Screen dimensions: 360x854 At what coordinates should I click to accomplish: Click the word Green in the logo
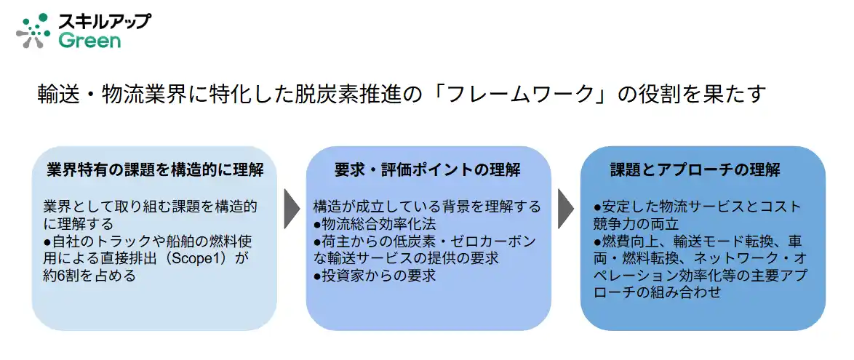pos(89,41)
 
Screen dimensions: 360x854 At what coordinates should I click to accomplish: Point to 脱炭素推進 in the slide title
pos(349,95)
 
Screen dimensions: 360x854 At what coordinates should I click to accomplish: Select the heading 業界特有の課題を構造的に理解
pos(154,170)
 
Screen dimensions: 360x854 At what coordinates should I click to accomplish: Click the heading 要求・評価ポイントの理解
pos(428,170)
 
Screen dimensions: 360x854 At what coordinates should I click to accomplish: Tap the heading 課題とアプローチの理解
pos(695,170)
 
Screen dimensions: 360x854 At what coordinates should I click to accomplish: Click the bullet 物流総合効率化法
pos(378,224)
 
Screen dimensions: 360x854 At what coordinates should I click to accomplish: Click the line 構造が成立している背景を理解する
pos(427,207)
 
